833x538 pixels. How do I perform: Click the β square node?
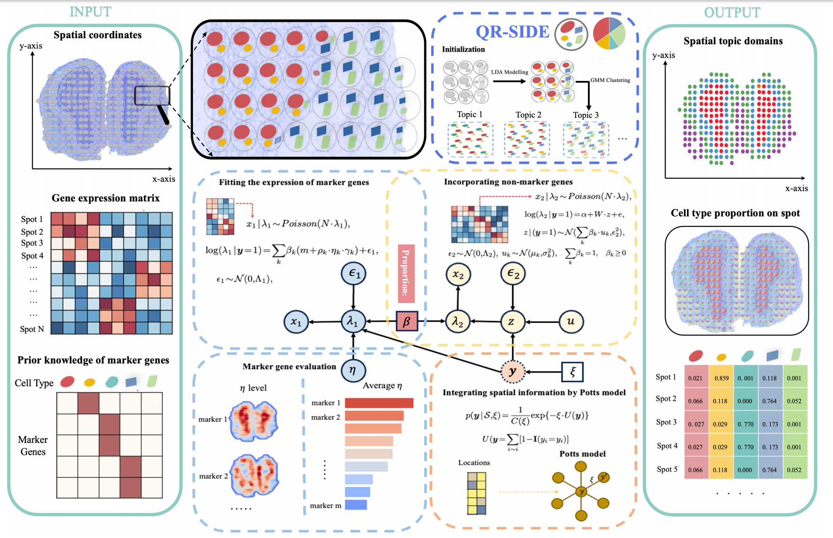(407, 322)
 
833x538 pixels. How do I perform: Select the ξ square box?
(572, 372)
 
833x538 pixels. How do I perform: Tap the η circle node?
(353, 370)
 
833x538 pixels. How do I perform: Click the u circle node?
(571, 321)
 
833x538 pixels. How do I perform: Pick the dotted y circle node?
(513, 371)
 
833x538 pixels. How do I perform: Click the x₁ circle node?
(296, 322)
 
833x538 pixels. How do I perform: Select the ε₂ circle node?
(513, 274)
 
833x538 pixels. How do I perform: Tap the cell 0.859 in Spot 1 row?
(721, 378)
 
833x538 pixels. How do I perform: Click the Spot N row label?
(32, 329)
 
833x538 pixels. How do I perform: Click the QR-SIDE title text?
(512, 32)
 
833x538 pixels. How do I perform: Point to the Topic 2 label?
(528, 115)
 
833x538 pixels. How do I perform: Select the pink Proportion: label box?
(406, 273)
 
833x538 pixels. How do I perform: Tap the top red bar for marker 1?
(379, 403)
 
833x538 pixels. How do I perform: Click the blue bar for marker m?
(356, 504)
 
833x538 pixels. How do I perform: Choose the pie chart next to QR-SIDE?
(609, 33)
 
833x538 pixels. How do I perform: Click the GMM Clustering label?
(610, 80)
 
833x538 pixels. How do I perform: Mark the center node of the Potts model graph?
(581, 492)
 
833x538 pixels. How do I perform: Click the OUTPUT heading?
(732, 12)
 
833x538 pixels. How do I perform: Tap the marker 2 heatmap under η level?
(254, 476)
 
